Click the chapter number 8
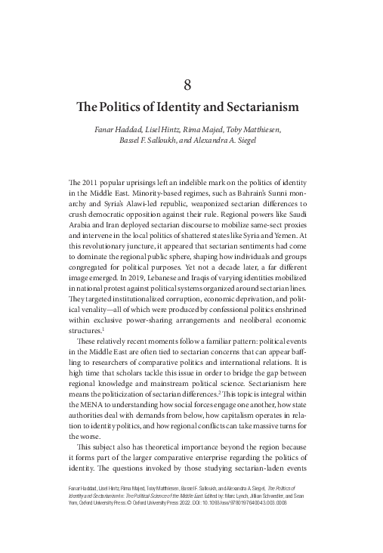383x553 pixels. (191, 83)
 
